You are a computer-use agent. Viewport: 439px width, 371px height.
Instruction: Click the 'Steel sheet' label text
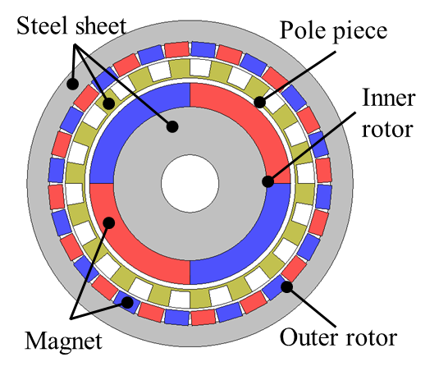[x=71, y=25]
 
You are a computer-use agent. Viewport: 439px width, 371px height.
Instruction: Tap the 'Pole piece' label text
[x=333, y=30]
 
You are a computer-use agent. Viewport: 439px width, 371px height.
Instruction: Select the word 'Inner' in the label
[x=388, y=98]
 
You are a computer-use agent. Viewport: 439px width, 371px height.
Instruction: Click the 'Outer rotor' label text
[x=338, y=337]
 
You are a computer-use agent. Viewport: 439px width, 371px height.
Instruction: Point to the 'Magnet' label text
[x=63, y=341]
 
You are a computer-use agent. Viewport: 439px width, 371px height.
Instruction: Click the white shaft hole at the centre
[x=190, y=183]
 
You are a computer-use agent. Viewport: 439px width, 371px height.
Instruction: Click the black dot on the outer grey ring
[x=72, y=84]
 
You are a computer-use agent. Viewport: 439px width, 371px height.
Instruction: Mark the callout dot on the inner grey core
[x=172, y=126]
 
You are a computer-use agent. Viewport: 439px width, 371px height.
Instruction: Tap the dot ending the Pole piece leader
[x=259, y=102]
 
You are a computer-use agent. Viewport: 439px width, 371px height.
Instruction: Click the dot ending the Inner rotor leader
[x=268, y=181]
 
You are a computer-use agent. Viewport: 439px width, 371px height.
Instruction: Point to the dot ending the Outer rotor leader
[x=287, y=286]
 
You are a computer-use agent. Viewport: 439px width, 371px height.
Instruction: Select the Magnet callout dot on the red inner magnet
[x=109, y=222]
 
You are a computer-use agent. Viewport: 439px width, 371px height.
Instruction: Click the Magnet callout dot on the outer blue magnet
[x=127, y=302]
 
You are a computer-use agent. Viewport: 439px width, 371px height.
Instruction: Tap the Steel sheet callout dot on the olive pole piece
[x=108, y=103]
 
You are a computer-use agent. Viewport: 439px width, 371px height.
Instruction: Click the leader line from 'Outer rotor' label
[x=311, y=307]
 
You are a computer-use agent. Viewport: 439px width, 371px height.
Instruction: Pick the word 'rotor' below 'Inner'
[x=387, y=130]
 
